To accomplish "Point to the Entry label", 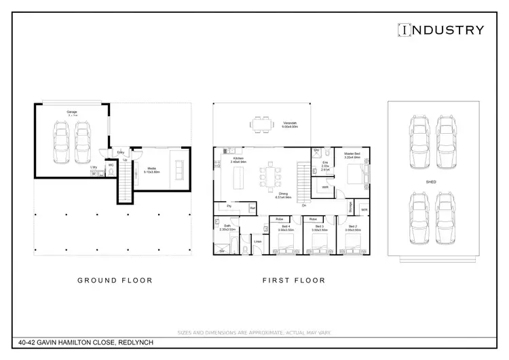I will coord(120,152).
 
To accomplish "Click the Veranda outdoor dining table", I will coord(260,123).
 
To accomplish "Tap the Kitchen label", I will coord(238,159).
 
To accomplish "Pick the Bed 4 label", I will coord(285,226).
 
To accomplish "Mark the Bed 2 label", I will coord(352,226).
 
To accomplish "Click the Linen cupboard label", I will coord(258,241).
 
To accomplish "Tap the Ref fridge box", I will coord(252,208).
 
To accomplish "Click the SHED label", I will coord(431,182).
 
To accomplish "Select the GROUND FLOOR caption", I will coord(115,280).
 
